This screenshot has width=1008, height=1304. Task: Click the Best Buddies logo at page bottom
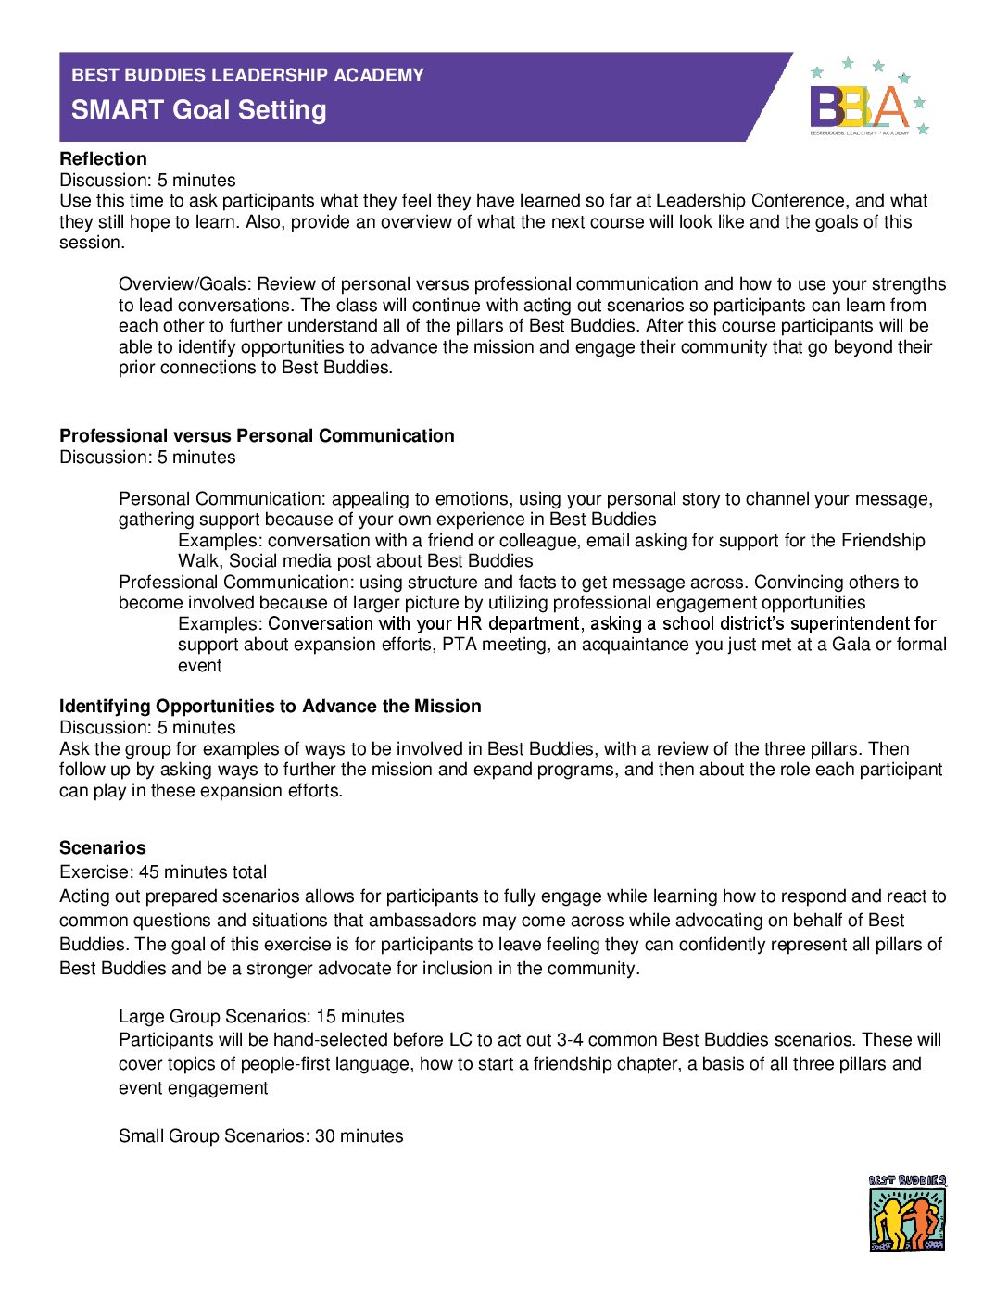click(907, 1213)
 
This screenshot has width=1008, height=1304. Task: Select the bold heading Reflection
click(103, 159)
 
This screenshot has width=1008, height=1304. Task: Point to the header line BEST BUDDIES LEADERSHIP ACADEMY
click(247, 76)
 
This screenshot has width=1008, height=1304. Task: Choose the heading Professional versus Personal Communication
click(257, 436)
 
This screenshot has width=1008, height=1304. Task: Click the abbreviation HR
click(470, 624)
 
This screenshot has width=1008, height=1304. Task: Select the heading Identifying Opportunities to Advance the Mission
click(270, 707)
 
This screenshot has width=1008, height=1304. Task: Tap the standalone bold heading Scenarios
click(102, 848)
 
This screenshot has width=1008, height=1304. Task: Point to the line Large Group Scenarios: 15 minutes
click(261, 1017)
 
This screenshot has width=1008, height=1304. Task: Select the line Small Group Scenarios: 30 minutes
click(260, 1136)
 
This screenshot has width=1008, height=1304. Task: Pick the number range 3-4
click(570, 1040)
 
